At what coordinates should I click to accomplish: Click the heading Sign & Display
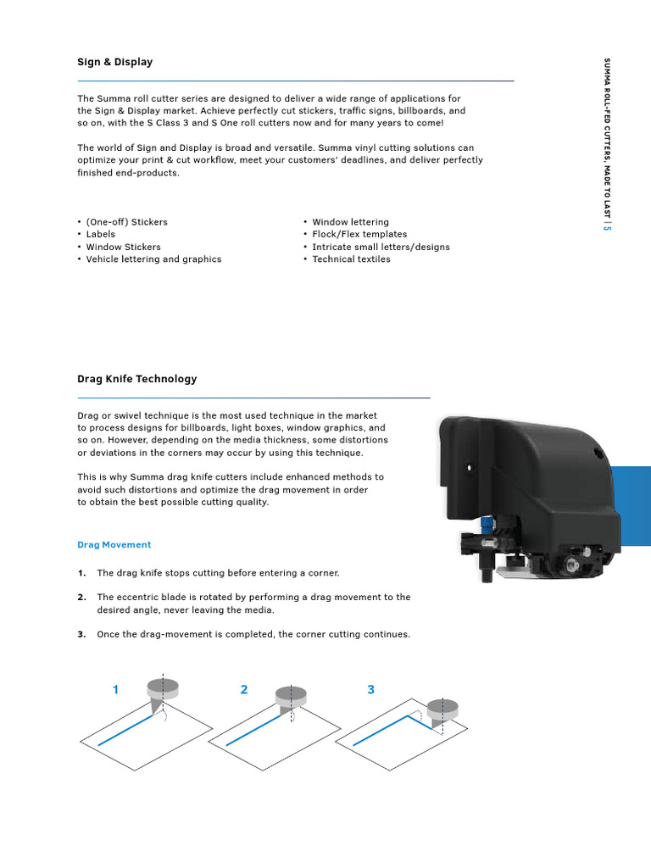click(x=114, y=62)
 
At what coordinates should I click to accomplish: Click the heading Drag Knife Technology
click(x=136, y=379)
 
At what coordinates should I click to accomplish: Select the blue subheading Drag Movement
click(x=114, y=544)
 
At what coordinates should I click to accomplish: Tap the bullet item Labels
click(x=100, y=234)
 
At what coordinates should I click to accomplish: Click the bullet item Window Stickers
click(x=123, y=247)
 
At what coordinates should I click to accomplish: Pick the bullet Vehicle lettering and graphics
click(x=153, y=259)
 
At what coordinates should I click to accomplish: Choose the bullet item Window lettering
click(x=350, y=222)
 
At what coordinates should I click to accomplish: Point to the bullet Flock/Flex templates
click(x=359, y=234)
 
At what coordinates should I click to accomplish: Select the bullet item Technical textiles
click(x=351, y=259)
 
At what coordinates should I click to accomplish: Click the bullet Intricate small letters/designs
click(x=381, y=247)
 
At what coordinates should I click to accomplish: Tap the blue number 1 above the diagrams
click(x=115, y=690)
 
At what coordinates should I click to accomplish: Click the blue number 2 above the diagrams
click(x=244, y=690)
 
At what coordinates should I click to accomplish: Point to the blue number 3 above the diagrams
click(x=370, y=690)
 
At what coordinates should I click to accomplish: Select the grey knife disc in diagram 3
click(x=440, y=707)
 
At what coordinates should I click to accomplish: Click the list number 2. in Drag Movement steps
click(x=81, y=598)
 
